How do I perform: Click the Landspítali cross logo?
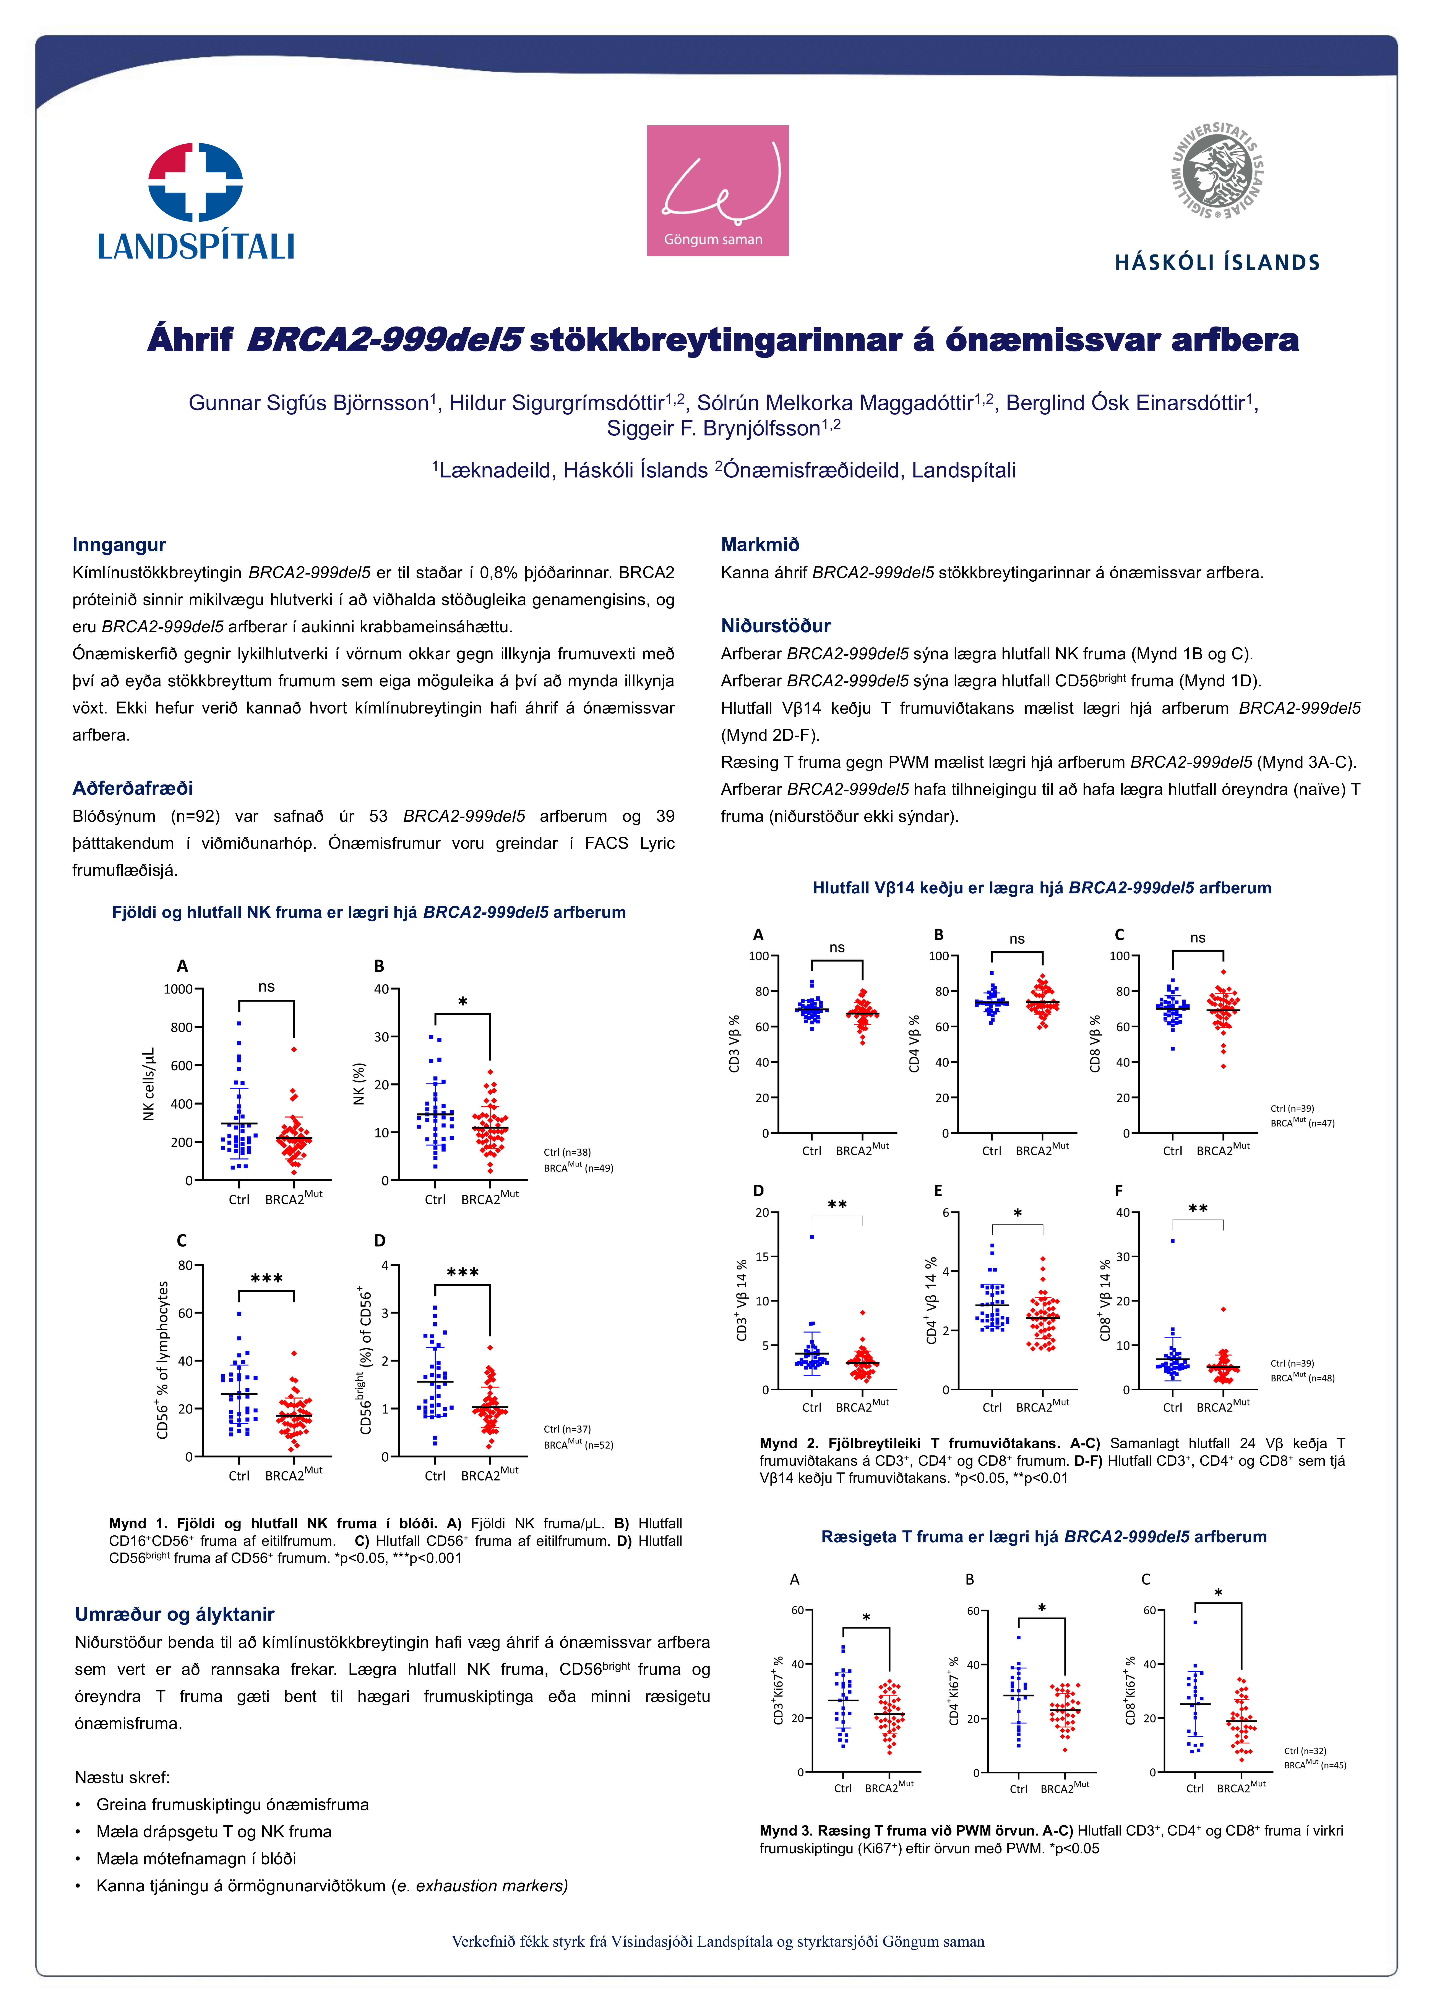195,182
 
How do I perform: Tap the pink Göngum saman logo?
717,191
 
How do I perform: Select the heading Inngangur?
119,544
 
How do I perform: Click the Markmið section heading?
760,544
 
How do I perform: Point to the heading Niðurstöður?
776,625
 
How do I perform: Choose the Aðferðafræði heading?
132,788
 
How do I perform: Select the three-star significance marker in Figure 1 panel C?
266,1278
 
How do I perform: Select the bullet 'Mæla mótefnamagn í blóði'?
196,1858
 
